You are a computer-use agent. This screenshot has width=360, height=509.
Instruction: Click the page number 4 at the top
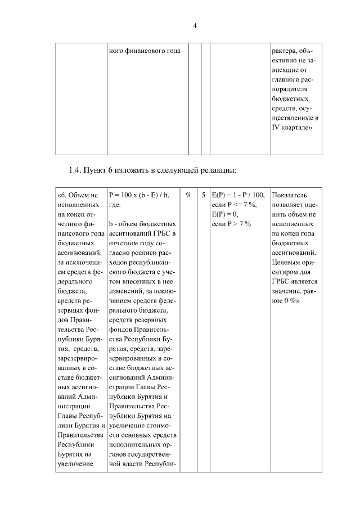[x=195, y=26]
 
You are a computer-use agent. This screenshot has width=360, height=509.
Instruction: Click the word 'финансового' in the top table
[x=141, y=52]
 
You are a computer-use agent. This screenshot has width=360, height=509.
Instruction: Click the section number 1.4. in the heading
[x=76, y=170]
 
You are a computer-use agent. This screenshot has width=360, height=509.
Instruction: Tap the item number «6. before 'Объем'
[x=63, y=195]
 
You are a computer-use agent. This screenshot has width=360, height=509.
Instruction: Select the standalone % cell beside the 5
[x=188, y=195]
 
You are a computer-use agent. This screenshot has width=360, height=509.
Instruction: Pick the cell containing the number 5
[x=203, y=195]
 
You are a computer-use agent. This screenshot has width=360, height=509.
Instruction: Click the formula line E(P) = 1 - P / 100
[x=238, y=195]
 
